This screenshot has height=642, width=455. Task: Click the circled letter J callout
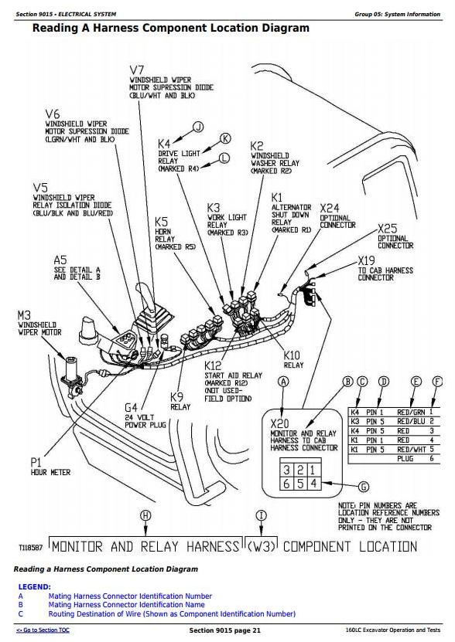(x=199, y=127)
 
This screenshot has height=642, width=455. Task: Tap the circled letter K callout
(x=226, y=138)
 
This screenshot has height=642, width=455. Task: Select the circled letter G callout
(x=364, y=487)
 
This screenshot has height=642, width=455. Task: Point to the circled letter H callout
(x=145, y=515)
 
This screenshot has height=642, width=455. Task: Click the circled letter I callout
(x=262, y=515)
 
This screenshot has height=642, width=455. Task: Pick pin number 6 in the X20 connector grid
(x=287, y=484)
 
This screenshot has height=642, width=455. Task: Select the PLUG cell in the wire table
(x=405, y=459)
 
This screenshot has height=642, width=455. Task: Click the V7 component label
(x=137, y=70)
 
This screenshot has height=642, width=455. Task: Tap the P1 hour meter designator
(x=36, y=463)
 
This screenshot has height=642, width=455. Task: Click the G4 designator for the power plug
(x=131, y=408)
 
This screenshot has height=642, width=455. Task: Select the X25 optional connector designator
(x=388, y=228)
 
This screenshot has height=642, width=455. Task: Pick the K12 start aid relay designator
(x=213, y=365)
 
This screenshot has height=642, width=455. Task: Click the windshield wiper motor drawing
(x=72, y=375)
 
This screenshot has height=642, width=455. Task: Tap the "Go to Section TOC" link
(x=43, y=630)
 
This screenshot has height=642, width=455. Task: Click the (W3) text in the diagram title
(x=262, y=547)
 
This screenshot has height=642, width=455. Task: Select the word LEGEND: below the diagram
(x=35, y=586)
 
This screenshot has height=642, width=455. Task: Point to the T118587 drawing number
(x=30, y=548)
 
